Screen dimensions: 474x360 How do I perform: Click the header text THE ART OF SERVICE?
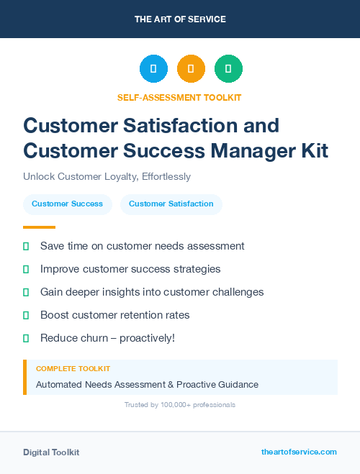[180, 19]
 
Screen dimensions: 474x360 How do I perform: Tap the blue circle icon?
[153, 68]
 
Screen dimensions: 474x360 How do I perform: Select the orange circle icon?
[191, 68]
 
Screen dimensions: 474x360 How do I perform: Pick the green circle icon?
[228, 68]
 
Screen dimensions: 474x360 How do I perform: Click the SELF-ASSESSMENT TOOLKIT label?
[179, 97]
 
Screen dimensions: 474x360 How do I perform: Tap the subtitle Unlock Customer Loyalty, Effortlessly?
[107, 176]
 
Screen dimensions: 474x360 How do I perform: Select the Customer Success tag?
[67, 204]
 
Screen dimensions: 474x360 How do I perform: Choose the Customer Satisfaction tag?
[171, 204]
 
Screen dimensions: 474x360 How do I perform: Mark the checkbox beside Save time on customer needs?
[26, 246]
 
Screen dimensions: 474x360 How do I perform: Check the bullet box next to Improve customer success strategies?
[26, 269]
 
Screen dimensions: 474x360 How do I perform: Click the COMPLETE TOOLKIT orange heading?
[73, 368]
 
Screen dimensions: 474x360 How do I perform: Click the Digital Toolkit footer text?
[51, 452]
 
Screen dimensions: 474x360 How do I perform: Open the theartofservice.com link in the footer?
[299, 452]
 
